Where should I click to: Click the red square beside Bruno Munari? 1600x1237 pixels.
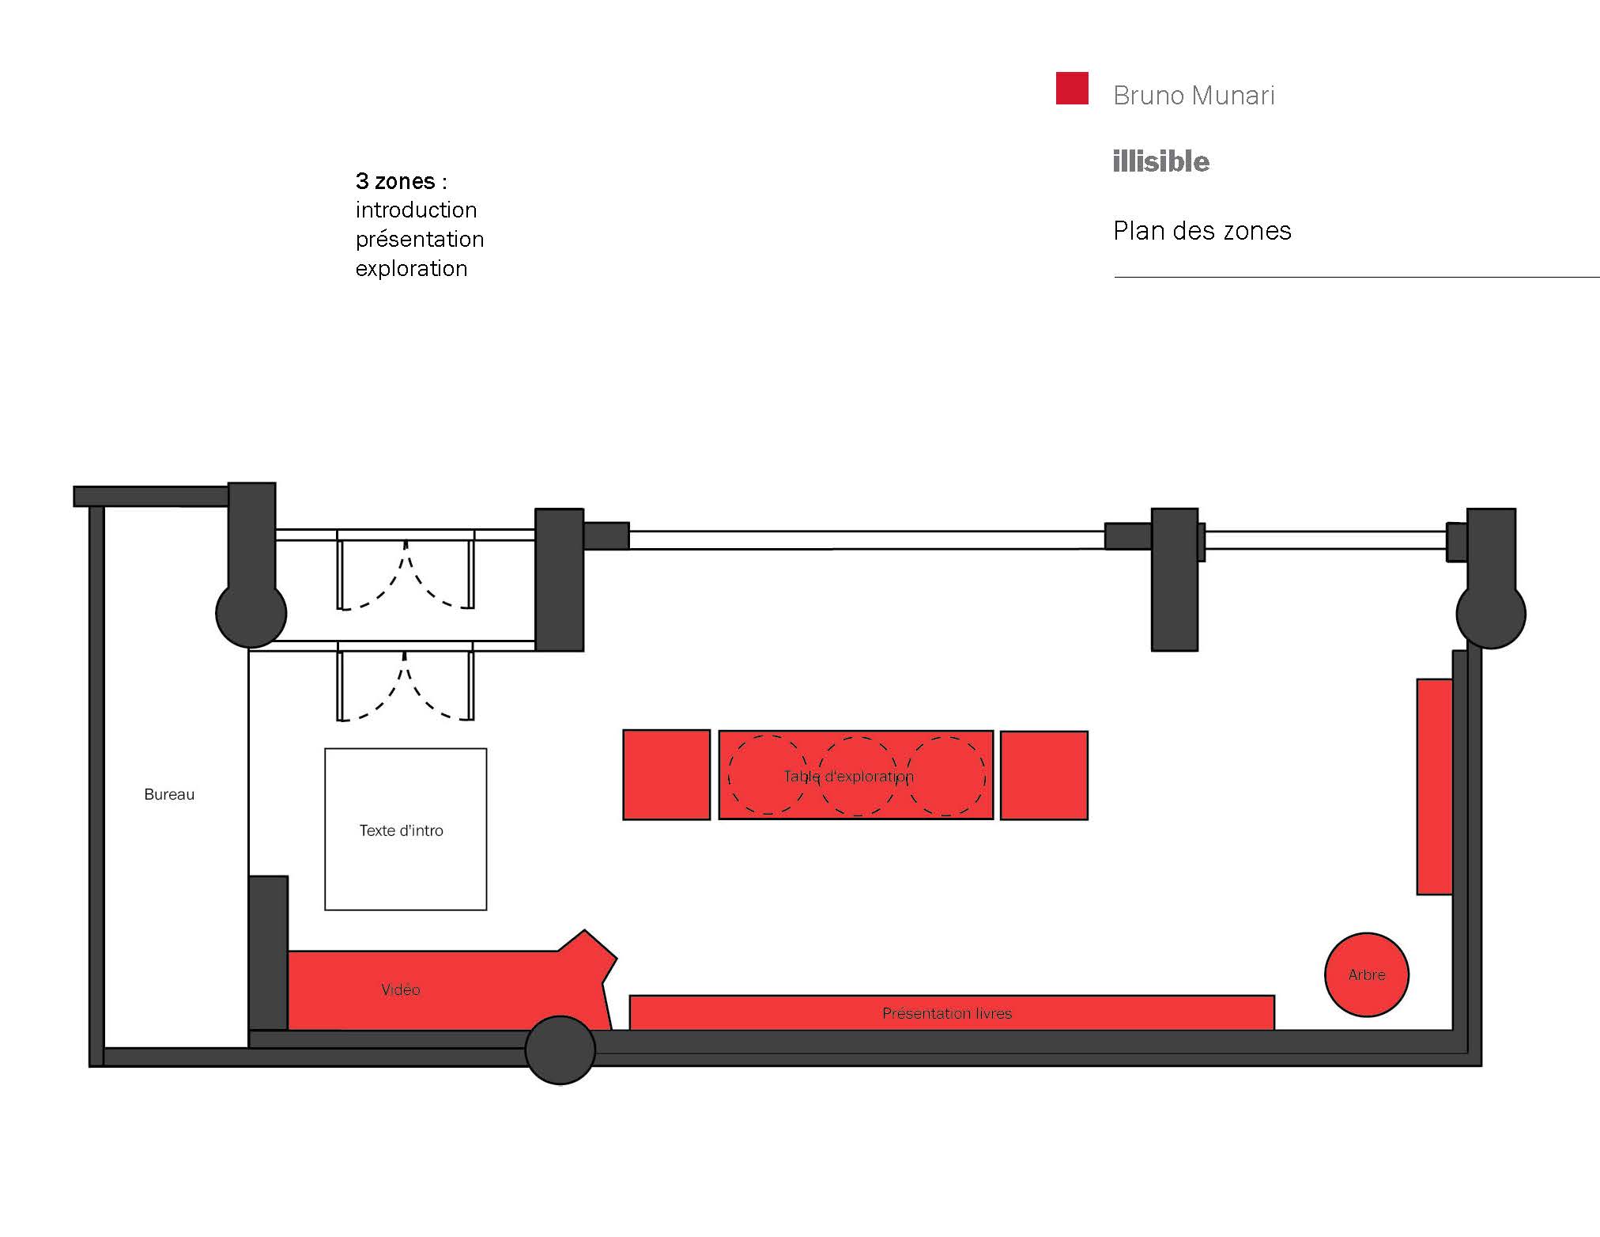click(x=1072, y=89)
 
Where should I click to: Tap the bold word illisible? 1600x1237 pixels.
click(x=1160, y=161)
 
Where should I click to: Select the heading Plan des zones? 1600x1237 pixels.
click(x=1202, y=231)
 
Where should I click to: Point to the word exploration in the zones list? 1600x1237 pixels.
click(x=411, y=269)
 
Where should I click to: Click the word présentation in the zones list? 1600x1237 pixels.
click(x=419, y=239)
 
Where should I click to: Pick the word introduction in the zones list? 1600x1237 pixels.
click(x=416, y=210)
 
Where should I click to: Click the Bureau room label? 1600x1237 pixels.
click(x=169, y=794)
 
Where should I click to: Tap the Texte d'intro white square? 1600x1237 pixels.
click(x=405, y=829)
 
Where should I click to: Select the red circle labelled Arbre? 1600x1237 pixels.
click(x=1366, y=974)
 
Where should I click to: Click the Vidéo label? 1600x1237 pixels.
click(x=400, y=989)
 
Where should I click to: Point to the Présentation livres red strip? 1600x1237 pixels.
click(x=947, y=1013)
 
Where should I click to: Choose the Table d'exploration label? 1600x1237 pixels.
click(x=848, y=776)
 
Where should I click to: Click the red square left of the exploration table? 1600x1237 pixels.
click(x=666, y=774)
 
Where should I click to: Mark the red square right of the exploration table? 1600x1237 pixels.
click(x=1043, y=775)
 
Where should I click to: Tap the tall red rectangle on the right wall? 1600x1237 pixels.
click(x=1434, y=786)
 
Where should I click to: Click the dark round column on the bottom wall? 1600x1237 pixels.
click(x=560, y=1050)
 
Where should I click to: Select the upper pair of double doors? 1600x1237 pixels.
click(x=406, y=573)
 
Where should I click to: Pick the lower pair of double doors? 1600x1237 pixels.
click(x=406, y=684)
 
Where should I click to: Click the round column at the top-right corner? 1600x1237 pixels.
click(x=1491, y=614)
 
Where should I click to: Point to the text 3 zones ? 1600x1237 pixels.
click(x=401, y=181)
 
